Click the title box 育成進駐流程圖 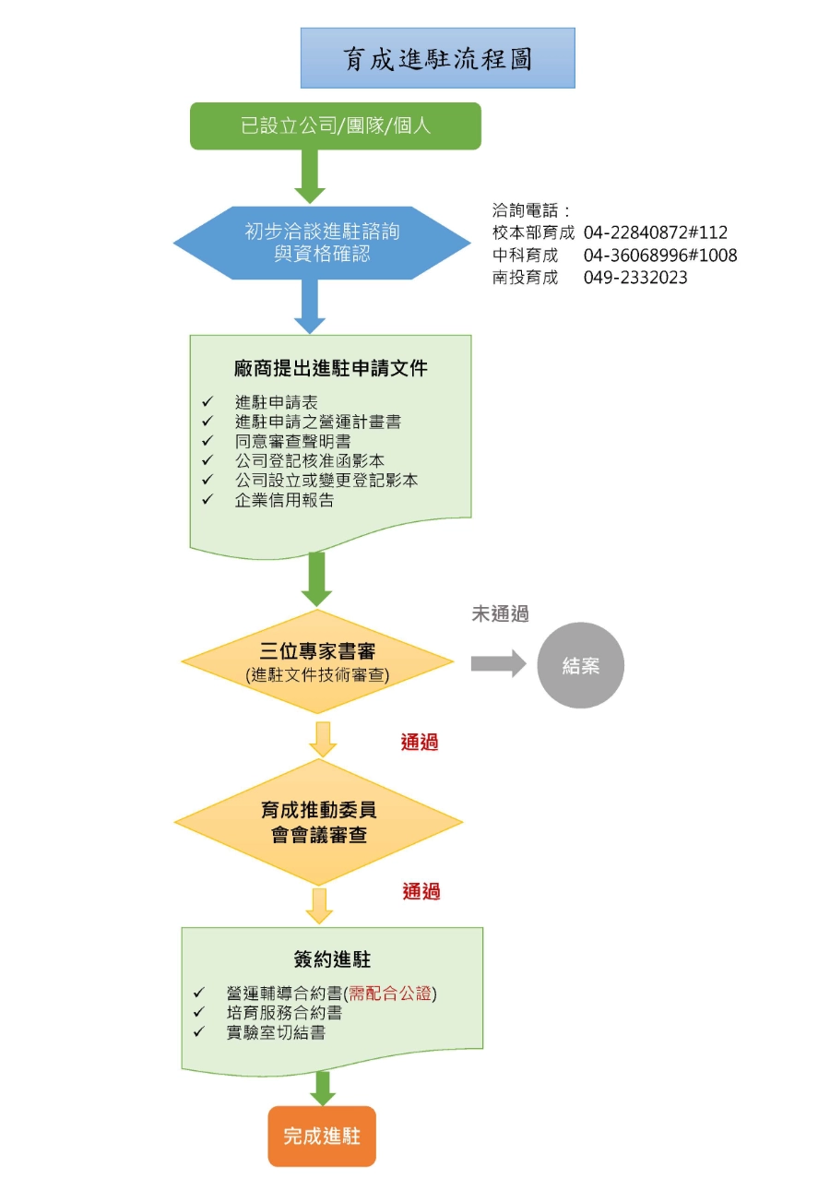[x=438, y=58]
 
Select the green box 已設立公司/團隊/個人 [x=336, y=126]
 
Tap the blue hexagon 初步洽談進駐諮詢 [x=322, y=242]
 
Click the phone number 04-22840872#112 [x=656, y=232]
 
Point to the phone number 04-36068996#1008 [x=660, y=256]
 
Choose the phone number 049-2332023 [x=635, y=278]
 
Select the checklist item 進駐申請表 [x=277, y=402]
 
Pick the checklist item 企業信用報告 [x=284, y=501]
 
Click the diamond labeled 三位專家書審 [x=318, y=661]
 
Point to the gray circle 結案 [x=581, y=665]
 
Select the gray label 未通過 [x=500, y=614]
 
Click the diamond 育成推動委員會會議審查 [x=318, y=822]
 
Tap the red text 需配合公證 [x=389, y=994]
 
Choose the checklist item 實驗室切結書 [x=275, y=1032]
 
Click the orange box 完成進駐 [x=322, y=1136]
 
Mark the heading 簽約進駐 [x=332, y=960]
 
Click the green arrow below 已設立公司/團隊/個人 [x=310, y=174]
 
